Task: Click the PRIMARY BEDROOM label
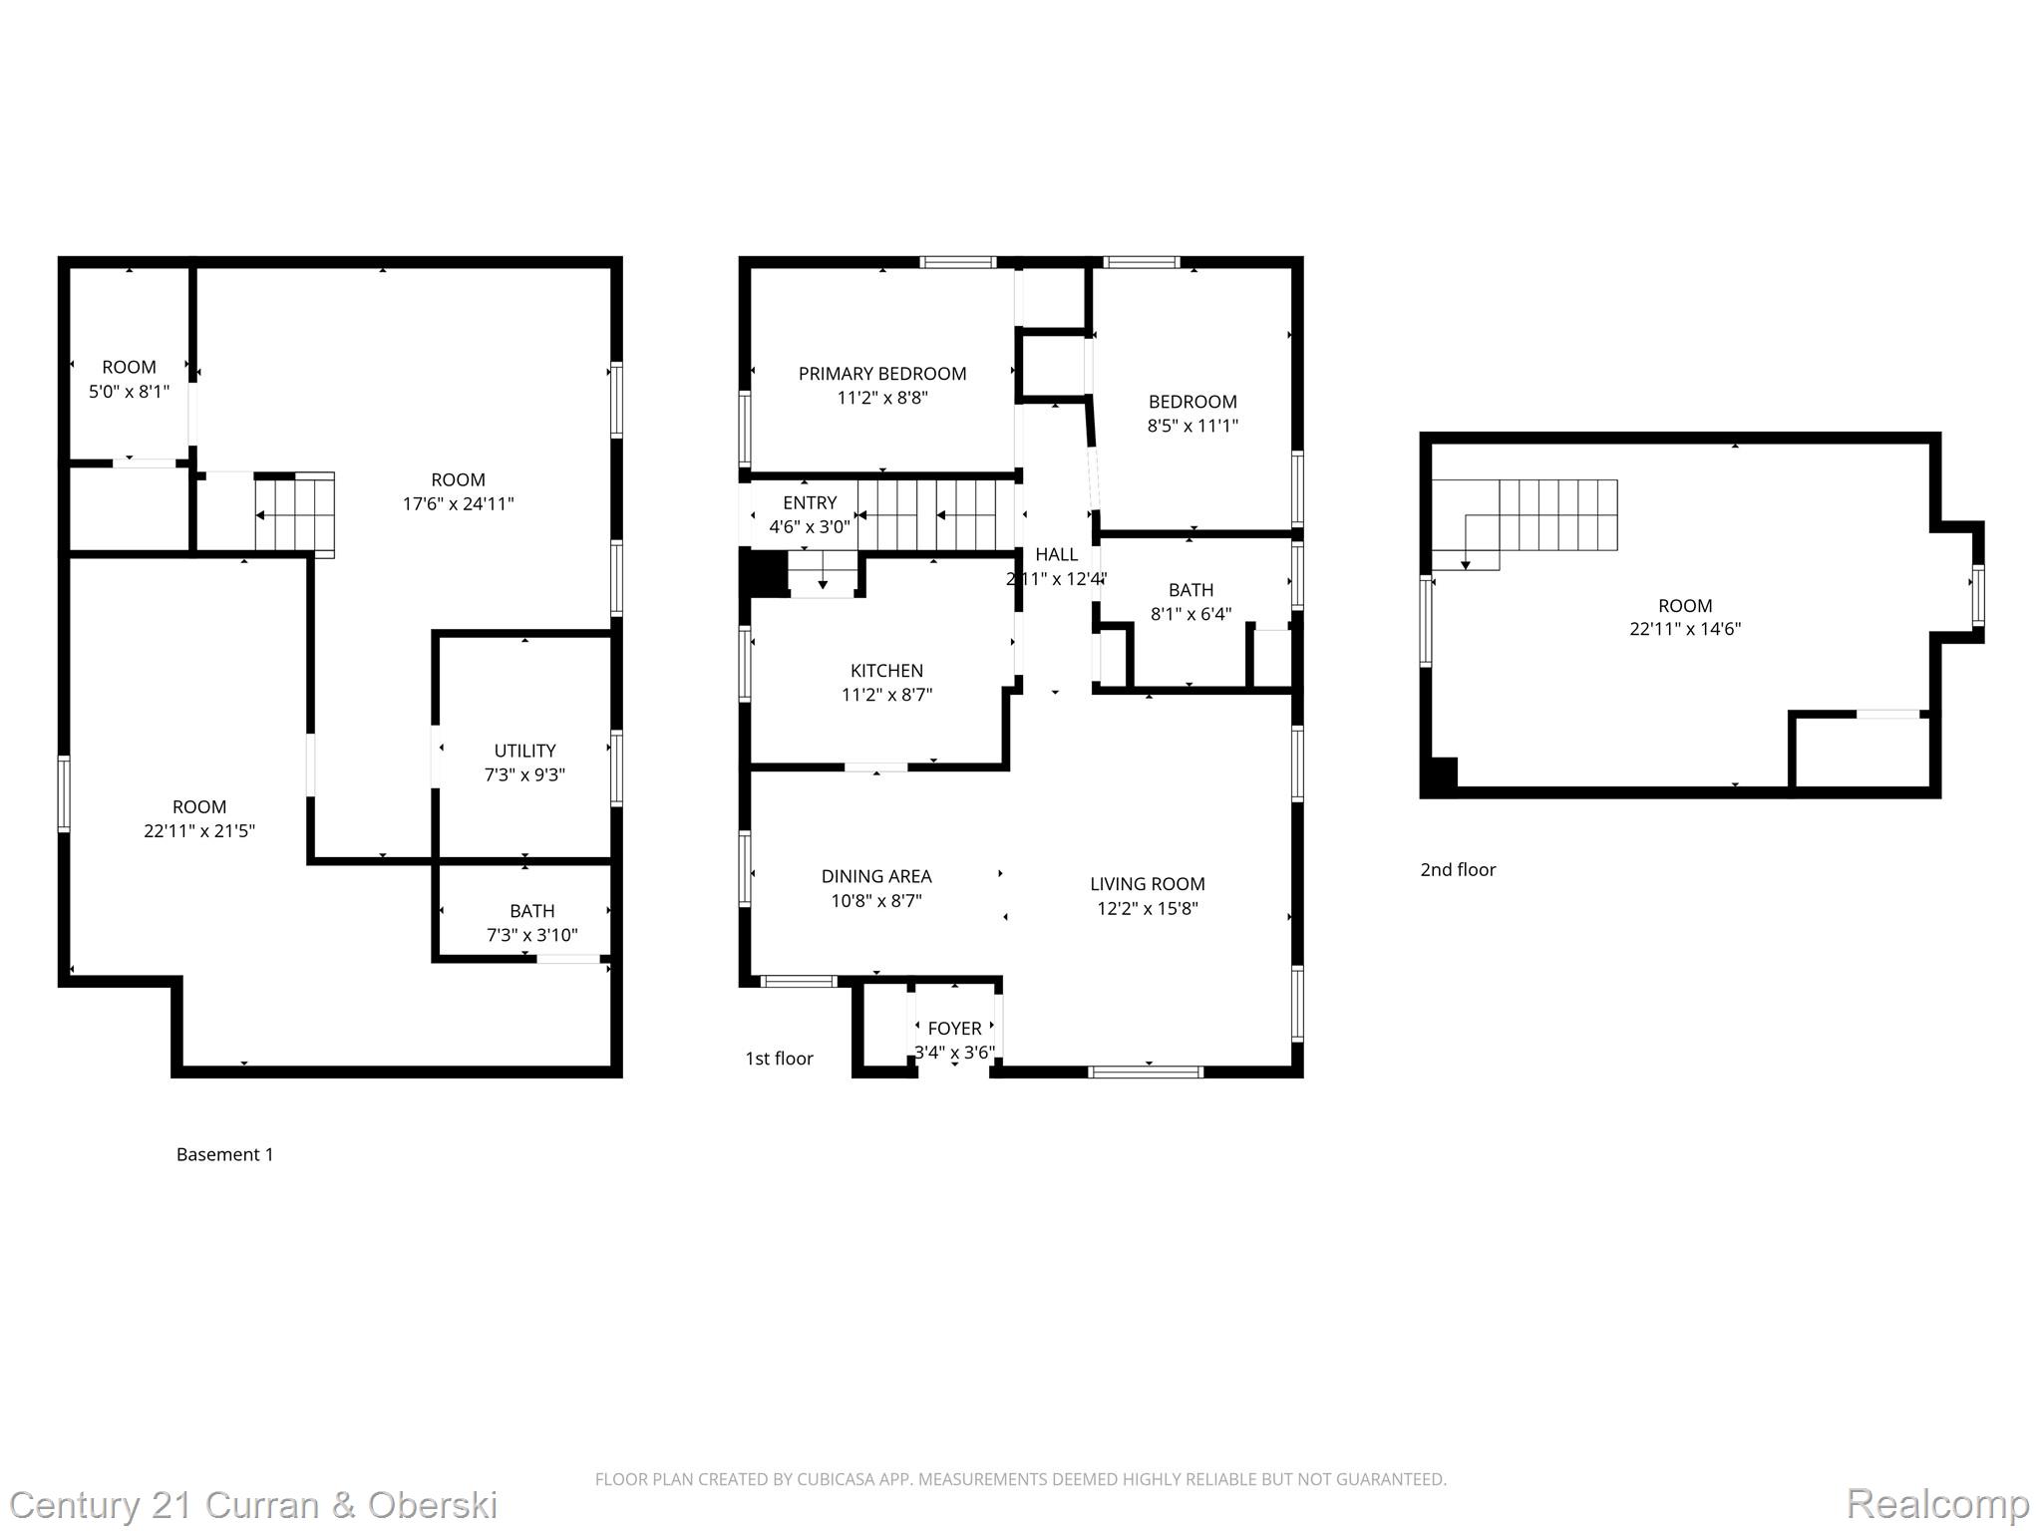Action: click(x=881, y=374)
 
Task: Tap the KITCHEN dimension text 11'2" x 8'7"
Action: click(x=886, y=695)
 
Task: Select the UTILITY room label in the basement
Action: click(x=524, y=751)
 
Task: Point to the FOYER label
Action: click(x=954, y=1028)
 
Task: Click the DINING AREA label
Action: click(x=875, y=876)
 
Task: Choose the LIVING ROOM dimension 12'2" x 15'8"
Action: click(x=1147, y=908)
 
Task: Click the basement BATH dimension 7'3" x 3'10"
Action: click(x=531, y=935)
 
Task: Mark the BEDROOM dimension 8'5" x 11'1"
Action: click(x=1192, y=426)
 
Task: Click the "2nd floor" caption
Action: click(x=1457, y=869)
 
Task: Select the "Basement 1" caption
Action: click(x=224, y=1154)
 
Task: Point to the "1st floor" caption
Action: click(x=779, y=1059)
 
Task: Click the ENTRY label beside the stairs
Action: click(x=809, y=502)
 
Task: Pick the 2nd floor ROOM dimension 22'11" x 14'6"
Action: click(x=1684, y=629)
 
